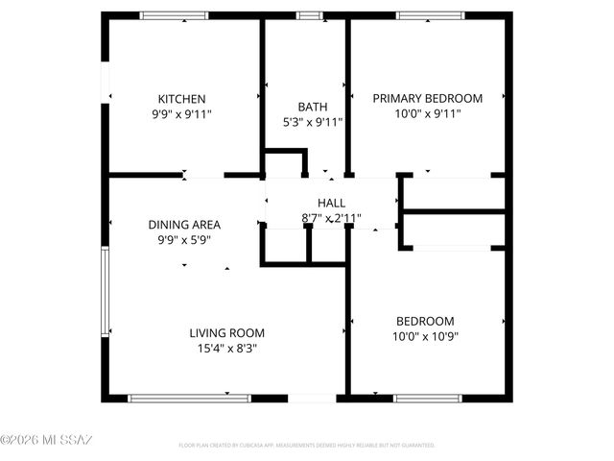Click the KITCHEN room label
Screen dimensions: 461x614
pos(182,99)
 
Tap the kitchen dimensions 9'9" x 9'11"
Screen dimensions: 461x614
pos(182,113)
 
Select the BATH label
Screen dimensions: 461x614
pos(312,107)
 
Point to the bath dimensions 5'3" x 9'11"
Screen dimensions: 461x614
pos(312,122)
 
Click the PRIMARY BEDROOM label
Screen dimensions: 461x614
pos(427,98)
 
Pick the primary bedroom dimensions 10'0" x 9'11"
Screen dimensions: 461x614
pos(427,113)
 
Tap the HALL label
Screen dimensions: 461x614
pos(331,203)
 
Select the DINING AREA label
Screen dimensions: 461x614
pos(184,225)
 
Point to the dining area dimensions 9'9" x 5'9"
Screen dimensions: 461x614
pos(184,240)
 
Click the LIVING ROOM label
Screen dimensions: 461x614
pos(226,333)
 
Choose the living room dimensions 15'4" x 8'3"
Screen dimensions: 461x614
pos(226,349)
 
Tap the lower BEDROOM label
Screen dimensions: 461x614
pos(425,321)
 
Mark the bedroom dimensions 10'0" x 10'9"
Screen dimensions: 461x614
pos(425,336)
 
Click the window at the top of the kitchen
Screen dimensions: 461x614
pos(173,15)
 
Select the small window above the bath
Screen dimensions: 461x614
pos(309,15)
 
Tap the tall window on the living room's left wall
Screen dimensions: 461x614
pos(105,293)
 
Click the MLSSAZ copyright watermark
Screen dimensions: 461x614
pos(46,441)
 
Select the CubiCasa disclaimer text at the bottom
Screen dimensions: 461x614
pos(307,446)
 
